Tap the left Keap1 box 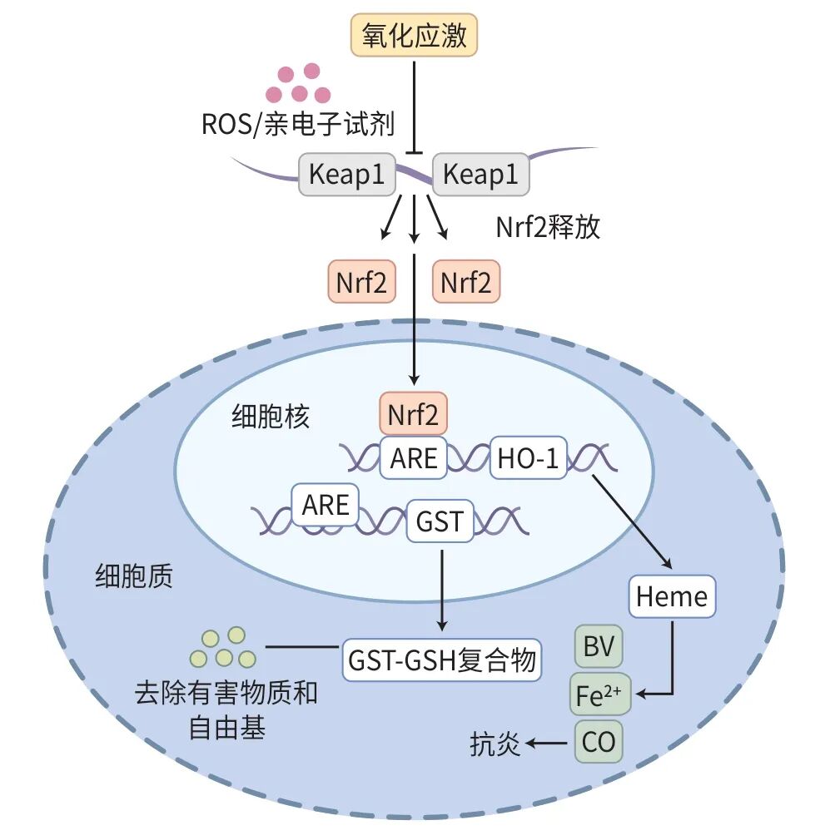coord(346,175)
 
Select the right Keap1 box coord(480,175)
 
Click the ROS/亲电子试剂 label coord(297,125)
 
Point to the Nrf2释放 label coord(548,227)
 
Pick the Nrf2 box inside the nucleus coord(414,414)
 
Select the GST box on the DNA coord(440,521)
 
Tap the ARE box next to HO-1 coord(414,457)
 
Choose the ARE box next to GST coord(326,505)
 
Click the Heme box coord(671,596)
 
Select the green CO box coord(599,741)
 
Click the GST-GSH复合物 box coord(441,661)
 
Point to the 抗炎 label coord(495,743)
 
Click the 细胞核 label coord(270,417)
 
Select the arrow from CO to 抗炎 coord(549,743)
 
